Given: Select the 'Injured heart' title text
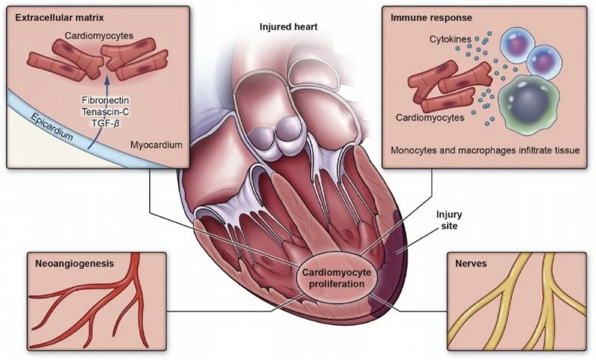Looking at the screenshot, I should click(288, 27).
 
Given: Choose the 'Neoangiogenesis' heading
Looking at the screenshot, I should click(72, 262).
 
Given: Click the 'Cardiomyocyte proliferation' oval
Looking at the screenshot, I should click(334, 277).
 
